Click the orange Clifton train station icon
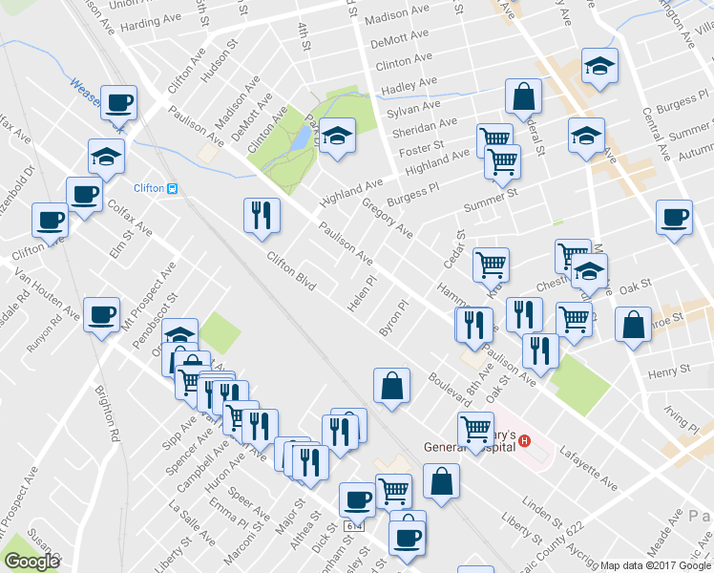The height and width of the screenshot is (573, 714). (172, 188)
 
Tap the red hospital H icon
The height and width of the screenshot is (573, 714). (523, 444)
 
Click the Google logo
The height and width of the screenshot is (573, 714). (32, 562)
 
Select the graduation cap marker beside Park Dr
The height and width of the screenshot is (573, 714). (337, 137)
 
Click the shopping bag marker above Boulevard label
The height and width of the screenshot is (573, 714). (392, 385)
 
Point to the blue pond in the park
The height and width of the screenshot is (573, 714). (300, 139)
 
